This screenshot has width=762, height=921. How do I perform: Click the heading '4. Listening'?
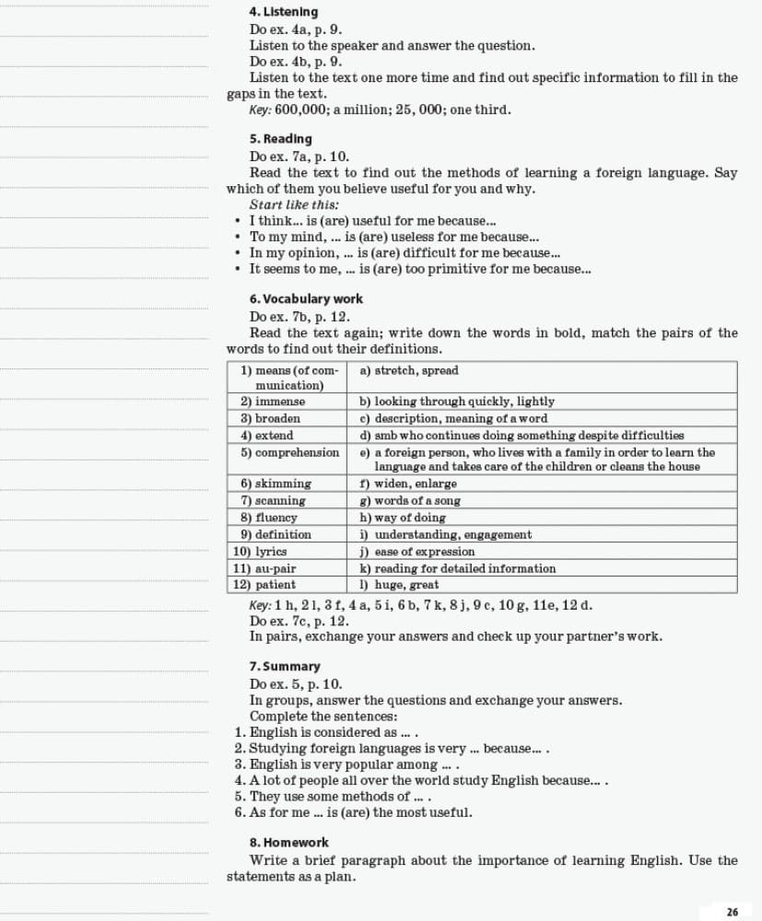coord(283,12)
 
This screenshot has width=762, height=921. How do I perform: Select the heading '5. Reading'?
coord(280,139)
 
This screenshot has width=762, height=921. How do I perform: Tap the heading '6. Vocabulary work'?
coord(306,299)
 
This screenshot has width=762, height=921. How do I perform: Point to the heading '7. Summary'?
coord(285,666)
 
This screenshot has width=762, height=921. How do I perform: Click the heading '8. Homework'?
coord(288,843)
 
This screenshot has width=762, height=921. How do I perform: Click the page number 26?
coord(733,912)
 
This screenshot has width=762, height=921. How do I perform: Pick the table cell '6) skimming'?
coord(275,484)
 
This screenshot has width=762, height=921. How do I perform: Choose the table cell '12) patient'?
coord(264,585)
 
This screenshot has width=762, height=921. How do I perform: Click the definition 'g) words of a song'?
coord(410,501)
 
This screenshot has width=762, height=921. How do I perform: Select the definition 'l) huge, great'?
coord(399,585)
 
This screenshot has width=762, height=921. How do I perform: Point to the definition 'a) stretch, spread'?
coord(408,371)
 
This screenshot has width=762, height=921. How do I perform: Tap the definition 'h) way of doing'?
coord(403,518)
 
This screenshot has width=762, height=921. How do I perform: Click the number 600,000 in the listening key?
coord(296,111)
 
